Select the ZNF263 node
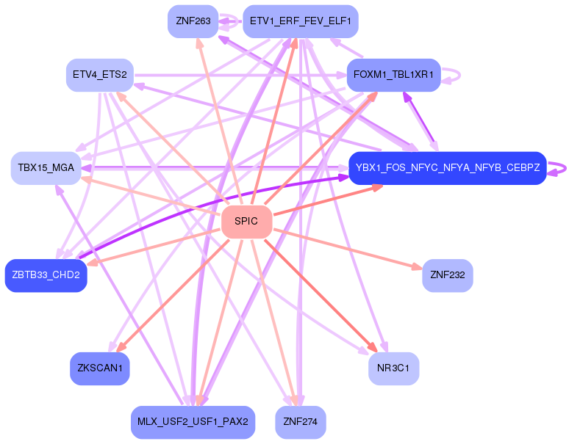pyautogui.click(x=193, y=21)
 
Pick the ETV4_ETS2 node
pyautogui.click(x=99, y=75)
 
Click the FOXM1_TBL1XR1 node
pyautogui.click(x=393, y=75)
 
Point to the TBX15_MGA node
pyautogui.click(x=43, y=168)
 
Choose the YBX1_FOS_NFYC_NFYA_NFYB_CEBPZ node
pyautogui.click(x=447, y=168)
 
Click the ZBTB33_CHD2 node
pyautogui.click(x=46, y=275)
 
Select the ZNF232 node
pyautogui.click(x=447, y=275)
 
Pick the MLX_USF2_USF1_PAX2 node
pyautogui.click(x=193, y=422)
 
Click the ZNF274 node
pyautogui.click(x=300, y=422)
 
